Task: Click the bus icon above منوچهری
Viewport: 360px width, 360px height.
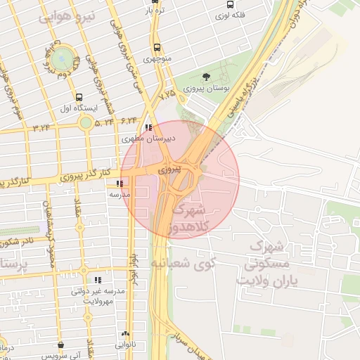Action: coord(155,48)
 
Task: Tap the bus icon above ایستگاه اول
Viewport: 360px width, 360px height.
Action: coord(78,98)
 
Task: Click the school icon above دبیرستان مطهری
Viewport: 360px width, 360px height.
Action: coord(148,128)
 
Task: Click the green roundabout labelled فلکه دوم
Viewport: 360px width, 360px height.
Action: coord(63,57)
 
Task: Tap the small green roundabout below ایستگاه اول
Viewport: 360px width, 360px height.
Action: coord(85,123)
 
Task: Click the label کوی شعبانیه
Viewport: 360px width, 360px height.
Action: coord(181,262)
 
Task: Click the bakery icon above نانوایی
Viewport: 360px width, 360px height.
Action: coord(125,335)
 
